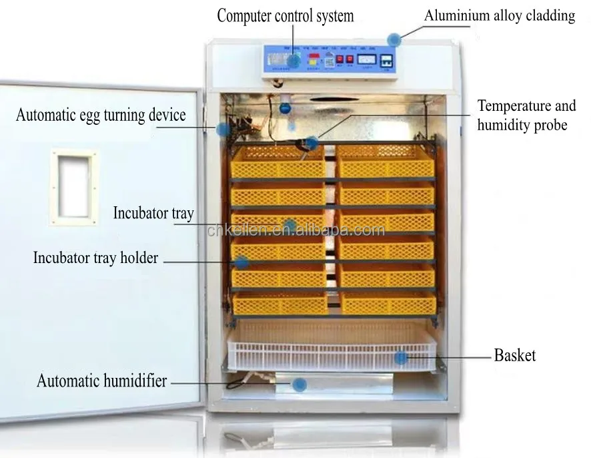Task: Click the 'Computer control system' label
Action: coord(285,15)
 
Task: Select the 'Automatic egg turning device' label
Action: coord(101,115)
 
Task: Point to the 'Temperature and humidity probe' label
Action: coord(526,115)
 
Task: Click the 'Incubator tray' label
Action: coord(153,213)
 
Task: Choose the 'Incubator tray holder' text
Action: coord(95,257)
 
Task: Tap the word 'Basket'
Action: coord(514,355)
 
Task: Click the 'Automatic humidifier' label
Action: coord(101,381)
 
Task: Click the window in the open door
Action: coord(74,186)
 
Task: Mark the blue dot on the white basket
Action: coord(400,358)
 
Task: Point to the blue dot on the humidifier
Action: coord(300,384)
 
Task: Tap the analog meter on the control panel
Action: coord(367,60)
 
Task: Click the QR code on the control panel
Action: coord(328,62)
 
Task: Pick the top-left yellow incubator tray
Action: coord(277,162)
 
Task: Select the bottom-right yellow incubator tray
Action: coord(388,303)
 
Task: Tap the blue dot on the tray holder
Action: coord(241,262)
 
